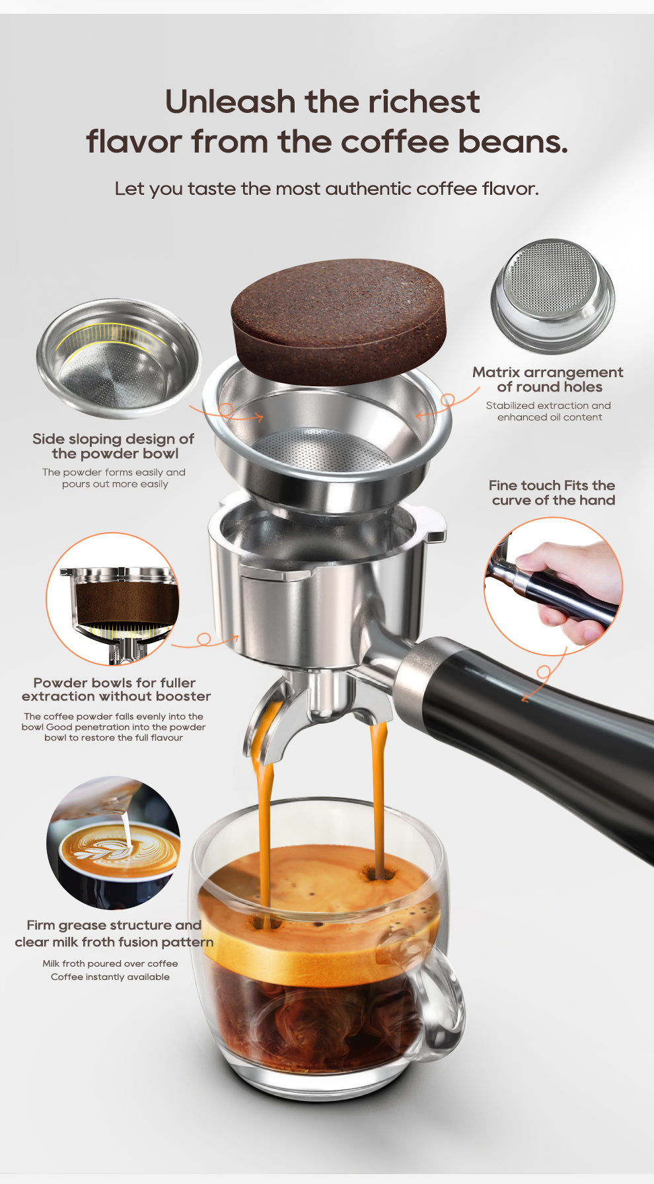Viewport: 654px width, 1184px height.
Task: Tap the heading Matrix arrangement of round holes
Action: click(548, 380)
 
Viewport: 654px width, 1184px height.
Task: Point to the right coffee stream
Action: click(379, 792)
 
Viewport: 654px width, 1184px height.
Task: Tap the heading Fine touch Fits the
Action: click(552, 485)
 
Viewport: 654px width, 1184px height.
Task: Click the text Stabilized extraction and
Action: click(548, 405)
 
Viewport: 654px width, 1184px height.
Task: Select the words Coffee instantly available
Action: click(110, 977)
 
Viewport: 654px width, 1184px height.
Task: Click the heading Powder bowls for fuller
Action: click(114, 683)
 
